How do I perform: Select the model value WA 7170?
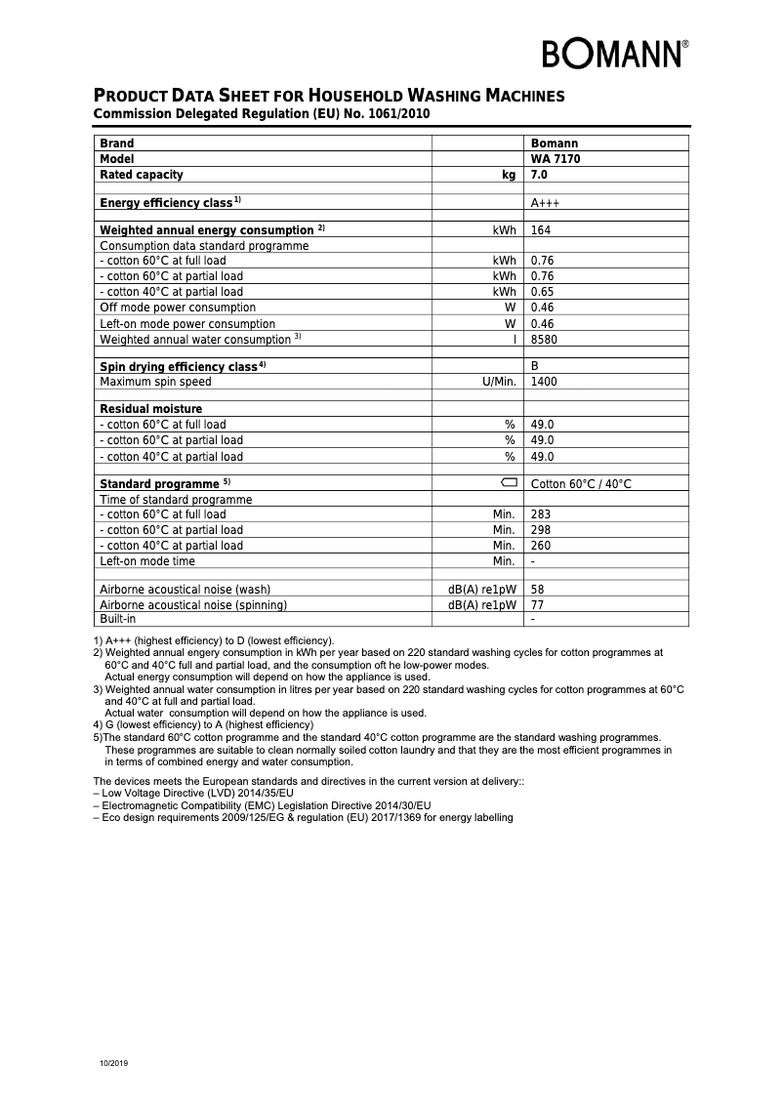pyautogui.click(x=555, y=158)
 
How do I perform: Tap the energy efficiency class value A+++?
pyautogui.click(x=545, y=203)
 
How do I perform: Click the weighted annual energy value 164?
pyautogui.click(x=540, y=230)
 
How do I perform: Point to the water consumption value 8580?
pyautogui.click(x=544, y=340)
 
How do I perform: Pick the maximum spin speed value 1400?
pyautogui.click(x=544, y=382)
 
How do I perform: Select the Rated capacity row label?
pyautogui.click(x=142, y=175)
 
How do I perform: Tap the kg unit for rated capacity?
pyautogui.click(x=508, y=175)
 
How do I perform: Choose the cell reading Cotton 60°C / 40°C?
pyautogui.click(x=581, y=484)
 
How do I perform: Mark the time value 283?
pyautogui.click(x=540, y=514)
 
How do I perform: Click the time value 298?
pyautogui.click(x=540, y=530)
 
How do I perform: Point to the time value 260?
pyautogui.click(x=540, y=546)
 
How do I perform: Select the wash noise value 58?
pyautogui.click(x=537, y=590)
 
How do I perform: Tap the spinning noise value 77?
pyautogui.click(x=537, y=605)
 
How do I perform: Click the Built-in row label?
pyautogui.click(x=118, y=619)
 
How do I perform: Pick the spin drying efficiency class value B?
pyautogui.click(x=534, y=366)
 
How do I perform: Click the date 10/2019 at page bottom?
pyautogui.click(x=113, y=1062)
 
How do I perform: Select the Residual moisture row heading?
pyautogui.click(x=151, y=409)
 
